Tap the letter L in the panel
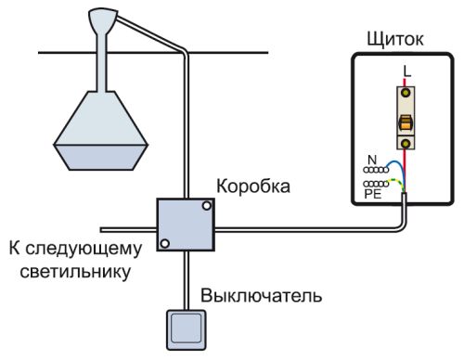pyautogui.click(x=406, y=71)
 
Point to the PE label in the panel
pyautogui.click(x=372, y=196)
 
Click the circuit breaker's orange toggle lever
pyautogui.click(x=406, y=122)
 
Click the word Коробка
pyautogui.click(x=252, y=186)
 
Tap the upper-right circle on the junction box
pyautogui.click(x=206, y=209)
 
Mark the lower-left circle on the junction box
pyautogui.click(x=164, y=244)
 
